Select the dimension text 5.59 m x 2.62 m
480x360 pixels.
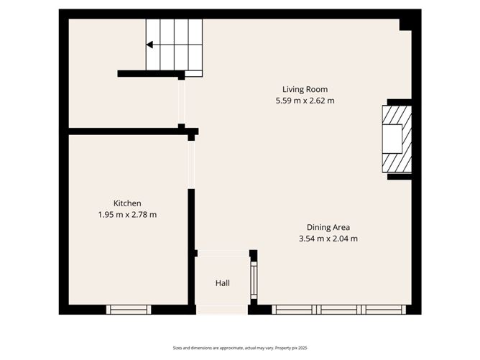[305, 101]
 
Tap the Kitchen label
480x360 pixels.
[127, 203]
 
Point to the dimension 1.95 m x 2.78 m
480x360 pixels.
[127, 214]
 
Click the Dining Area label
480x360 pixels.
[328, 227]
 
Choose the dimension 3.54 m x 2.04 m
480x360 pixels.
[328, 239]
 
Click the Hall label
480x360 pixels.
[223, 283]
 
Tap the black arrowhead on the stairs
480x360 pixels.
[149, 45]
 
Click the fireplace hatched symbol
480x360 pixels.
[396, 139]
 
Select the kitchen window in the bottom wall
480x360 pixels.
[129, 310]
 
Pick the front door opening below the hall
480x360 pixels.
[223, 310]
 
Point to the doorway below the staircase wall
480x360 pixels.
[182, 101]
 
